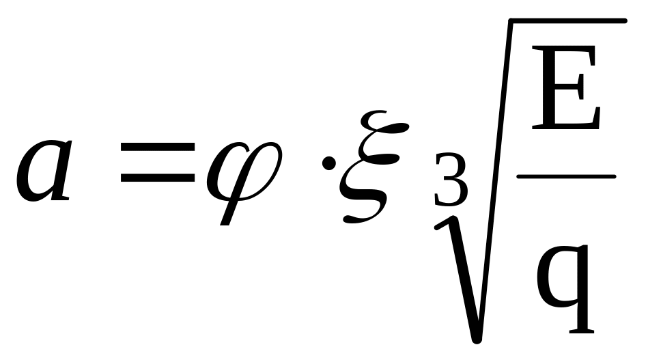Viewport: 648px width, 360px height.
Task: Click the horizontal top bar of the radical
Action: click(x=567, y=23)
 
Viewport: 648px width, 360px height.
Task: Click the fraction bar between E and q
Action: click(x=567, y=176)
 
